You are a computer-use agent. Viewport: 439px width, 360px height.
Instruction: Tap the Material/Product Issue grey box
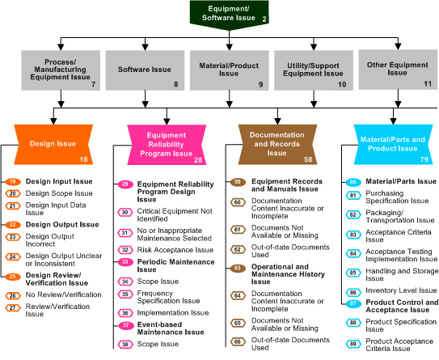[x=229, y=71]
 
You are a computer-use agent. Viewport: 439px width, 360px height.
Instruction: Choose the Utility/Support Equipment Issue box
[x=313, y=71]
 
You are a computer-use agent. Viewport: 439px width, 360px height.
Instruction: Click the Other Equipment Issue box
[x=396, y=71]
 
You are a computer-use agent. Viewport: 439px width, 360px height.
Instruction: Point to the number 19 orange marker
[x=13, y=181]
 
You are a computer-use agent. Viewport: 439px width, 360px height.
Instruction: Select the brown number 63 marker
[x=238, y=267]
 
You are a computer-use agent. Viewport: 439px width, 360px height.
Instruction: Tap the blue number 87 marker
[x=352, y=303]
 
